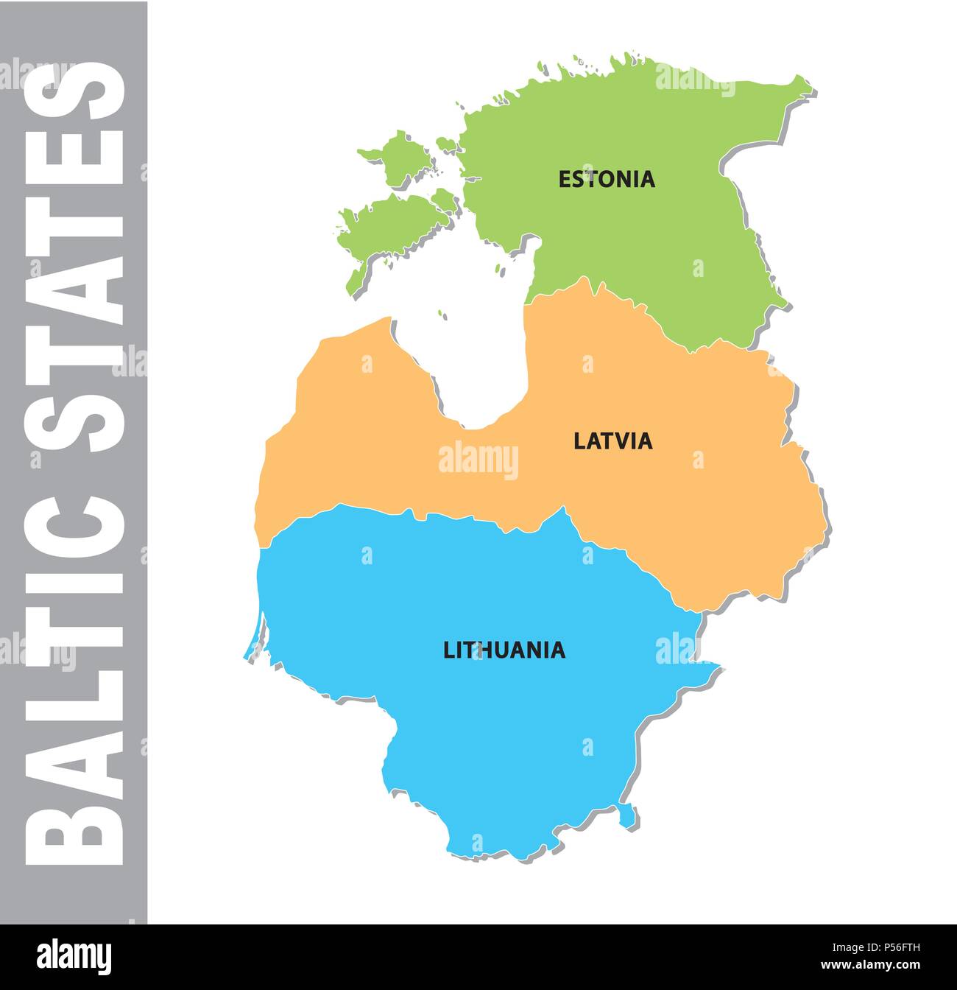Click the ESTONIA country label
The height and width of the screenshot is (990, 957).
click(x=607, y=179)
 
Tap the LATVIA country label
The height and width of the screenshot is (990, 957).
click(x=612, y=441)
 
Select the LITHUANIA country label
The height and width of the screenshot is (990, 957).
click(x=504, y=650)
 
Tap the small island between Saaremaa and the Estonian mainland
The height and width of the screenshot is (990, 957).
click(x=444, y=199)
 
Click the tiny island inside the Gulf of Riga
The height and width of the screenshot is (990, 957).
click(x=442, y=315)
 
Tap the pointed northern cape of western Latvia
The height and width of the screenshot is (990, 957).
click(x=387, y=320)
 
